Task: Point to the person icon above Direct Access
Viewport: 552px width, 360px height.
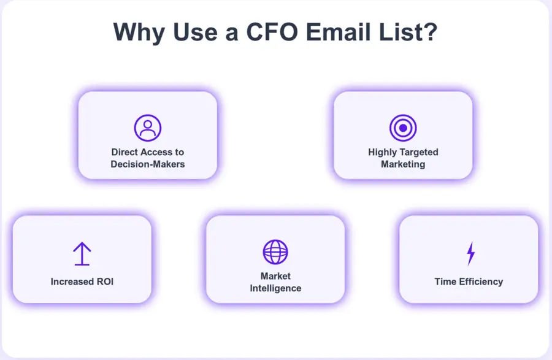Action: click(x=147, y=128)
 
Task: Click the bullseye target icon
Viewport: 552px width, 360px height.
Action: click(x=403, y=128)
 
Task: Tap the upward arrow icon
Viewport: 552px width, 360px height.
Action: click(x=82, y=253)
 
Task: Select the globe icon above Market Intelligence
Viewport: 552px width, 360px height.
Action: click(x=275, y=251)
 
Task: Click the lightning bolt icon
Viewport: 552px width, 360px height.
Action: click(x=470, y=253)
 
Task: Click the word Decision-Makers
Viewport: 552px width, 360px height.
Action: click(x=147, y=164)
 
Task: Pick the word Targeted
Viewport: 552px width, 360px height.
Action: click(x=420, y=152)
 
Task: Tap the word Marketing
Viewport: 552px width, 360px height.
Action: click(x=403, y=164)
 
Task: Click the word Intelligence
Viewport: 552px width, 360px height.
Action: click(x=275, y=288)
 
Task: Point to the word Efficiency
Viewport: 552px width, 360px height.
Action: click(x=481, y=281)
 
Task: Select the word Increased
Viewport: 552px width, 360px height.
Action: click(x=71, y=281)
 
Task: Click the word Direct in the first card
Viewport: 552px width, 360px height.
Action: click(x=125, y=152)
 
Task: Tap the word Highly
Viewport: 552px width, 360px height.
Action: click(x=383, y=152)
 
